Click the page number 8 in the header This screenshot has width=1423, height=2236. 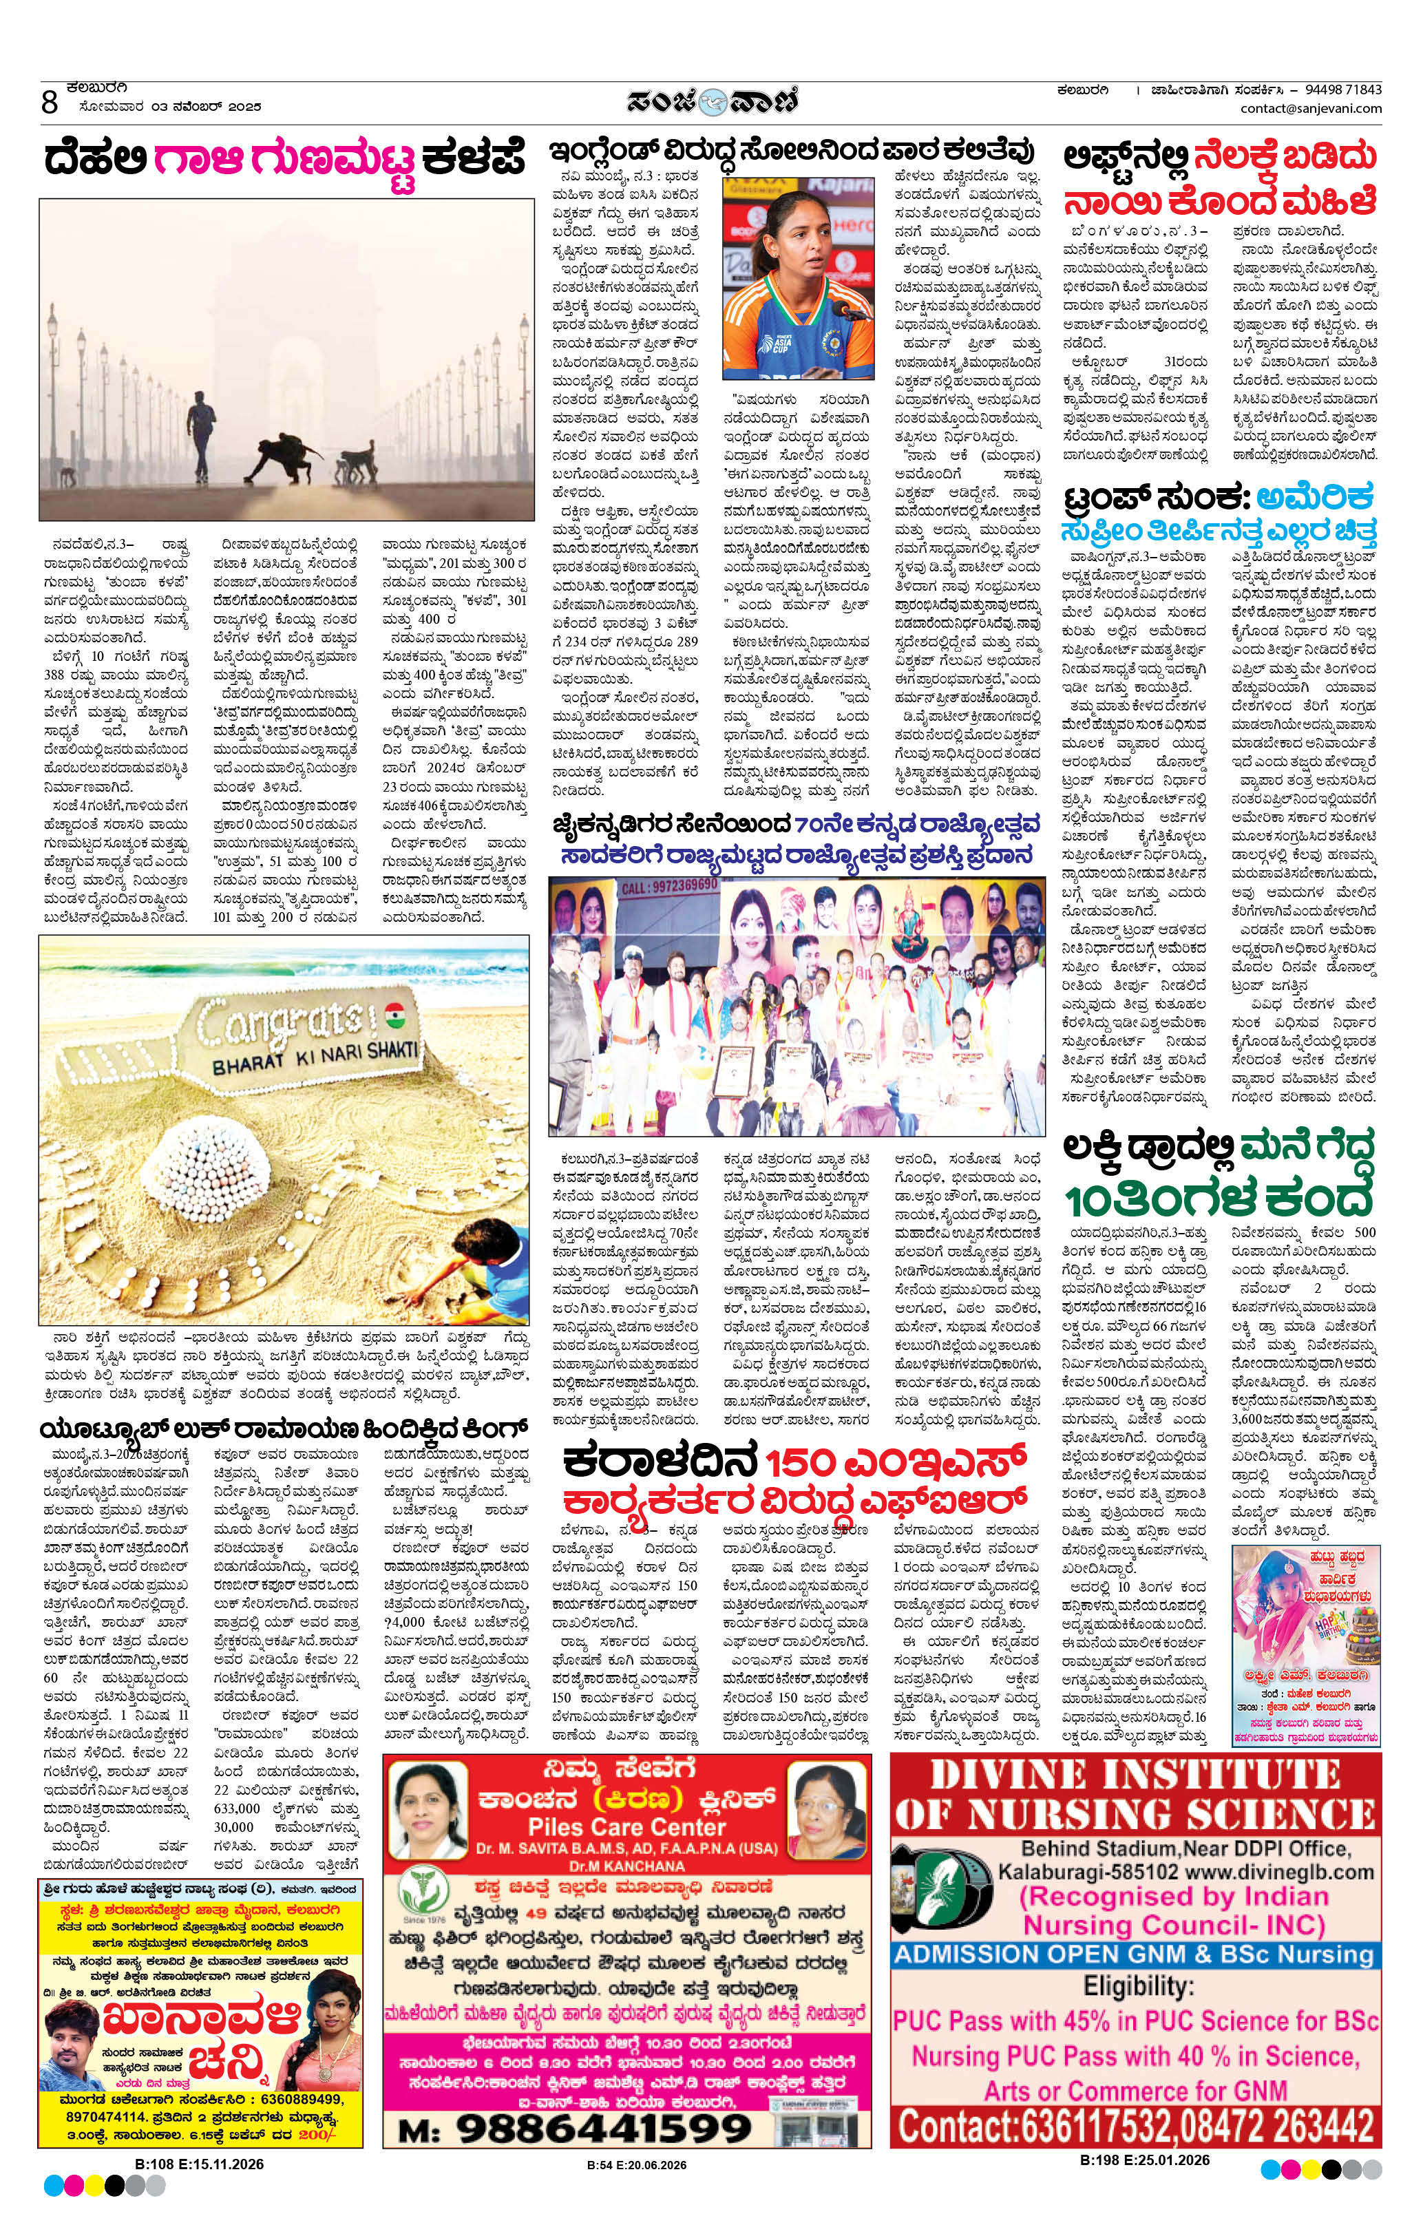point(50,101)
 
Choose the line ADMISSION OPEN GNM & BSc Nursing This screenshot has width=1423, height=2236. point(1134,1948)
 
